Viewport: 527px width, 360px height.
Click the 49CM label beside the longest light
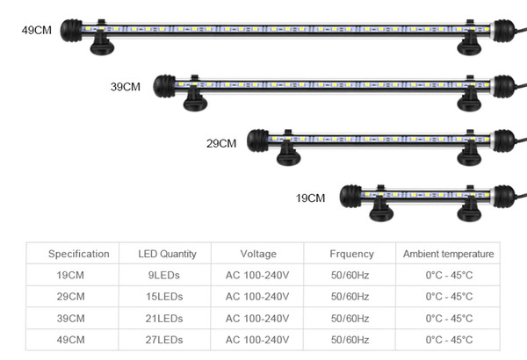point(37,30)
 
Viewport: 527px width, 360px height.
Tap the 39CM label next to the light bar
point(126,87)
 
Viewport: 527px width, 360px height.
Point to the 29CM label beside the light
point(221,143)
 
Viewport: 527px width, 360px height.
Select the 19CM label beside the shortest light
point(310,198)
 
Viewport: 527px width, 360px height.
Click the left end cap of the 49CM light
point(71,31)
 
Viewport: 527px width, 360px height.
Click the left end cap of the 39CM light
point(164,86)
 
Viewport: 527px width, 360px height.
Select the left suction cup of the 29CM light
point(288,154)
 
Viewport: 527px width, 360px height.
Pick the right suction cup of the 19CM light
point(469,209)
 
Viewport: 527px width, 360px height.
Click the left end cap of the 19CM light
point(350,197)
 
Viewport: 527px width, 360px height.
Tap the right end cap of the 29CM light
point(504,140)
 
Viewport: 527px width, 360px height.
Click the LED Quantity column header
point(167,254)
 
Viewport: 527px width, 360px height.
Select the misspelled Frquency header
point(351,254)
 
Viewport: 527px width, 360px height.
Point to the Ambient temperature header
point(448,254)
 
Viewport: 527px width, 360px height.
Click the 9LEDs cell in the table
point(164,276)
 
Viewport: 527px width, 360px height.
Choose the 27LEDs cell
point(164,340)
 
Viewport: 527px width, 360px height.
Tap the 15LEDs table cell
point(164,297)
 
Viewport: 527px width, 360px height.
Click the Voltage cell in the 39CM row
point(257,319)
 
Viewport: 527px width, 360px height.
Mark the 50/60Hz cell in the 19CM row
point(350,276)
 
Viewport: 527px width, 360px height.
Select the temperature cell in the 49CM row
point(449,340)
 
